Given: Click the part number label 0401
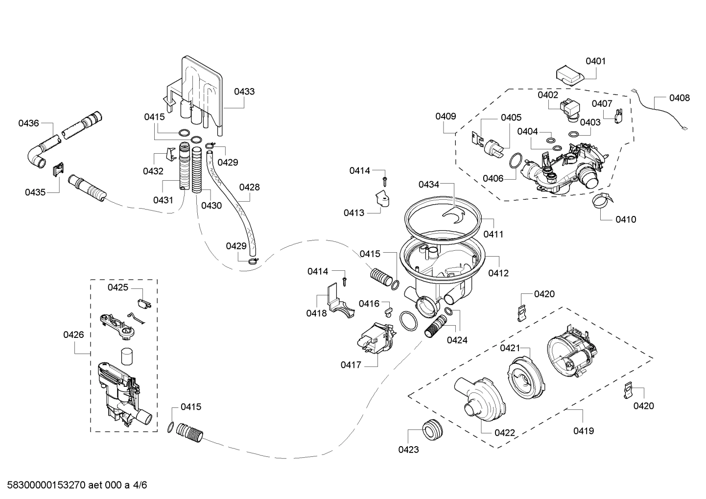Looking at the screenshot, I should click(595, 61).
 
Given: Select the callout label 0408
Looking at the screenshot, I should click(679, 98).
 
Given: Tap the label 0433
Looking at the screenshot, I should click(244, 92).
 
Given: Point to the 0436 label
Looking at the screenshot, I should click(28, 123).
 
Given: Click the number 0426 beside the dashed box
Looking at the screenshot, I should click(73, 335).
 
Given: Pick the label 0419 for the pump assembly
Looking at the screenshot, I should click(584, 431).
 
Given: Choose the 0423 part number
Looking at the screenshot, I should click(408, 450).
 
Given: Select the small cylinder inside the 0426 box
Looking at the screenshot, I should click(127, 356).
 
